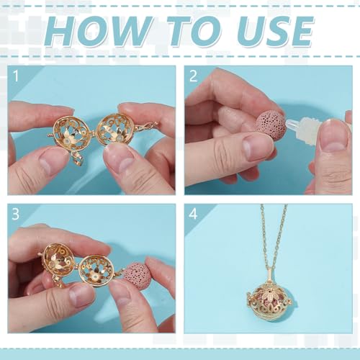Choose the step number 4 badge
point(193,215)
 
